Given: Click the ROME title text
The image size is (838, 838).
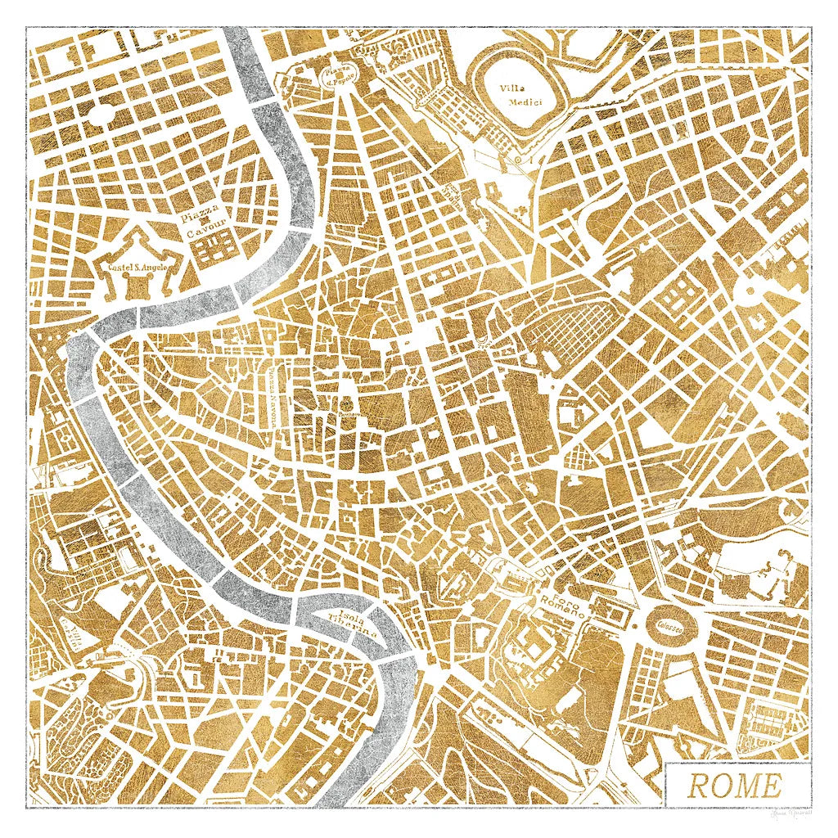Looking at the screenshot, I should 734,786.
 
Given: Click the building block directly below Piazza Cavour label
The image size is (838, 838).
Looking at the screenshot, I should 211,249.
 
